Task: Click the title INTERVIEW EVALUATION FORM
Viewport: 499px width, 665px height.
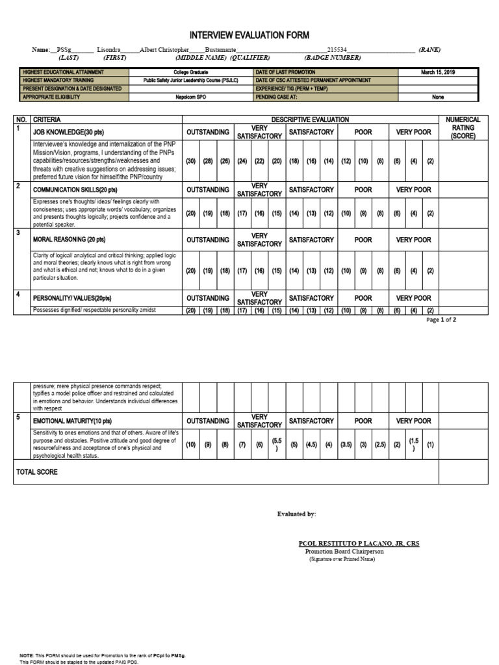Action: pos(249,35)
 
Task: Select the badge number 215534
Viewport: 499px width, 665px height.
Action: pos(337,50)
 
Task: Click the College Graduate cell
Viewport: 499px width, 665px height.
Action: pos(190,72)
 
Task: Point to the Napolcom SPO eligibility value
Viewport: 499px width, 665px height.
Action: pos(190,97)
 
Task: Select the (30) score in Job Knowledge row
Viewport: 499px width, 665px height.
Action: pos(191,161)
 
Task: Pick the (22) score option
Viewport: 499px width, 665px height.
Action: pos(259,161)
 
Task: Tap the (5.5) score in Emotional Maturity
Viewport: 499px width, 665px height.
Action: pos(276,445)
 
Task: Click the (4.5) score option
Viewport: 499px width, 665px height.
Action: pos(312,445)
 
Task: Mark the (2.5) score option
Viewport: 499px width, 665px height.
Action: pos(380,445)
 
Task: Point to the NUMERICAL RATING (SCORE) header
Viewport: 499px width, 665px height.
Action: pos(462,128)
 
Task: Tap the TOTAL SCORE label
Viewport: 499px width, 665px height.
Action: pos(37,472)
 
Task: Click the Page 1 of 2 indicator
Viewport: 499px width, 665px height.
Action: pos(441,320)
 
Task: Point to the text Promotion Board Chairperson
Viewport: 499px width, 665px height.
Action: pos(344,551)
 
